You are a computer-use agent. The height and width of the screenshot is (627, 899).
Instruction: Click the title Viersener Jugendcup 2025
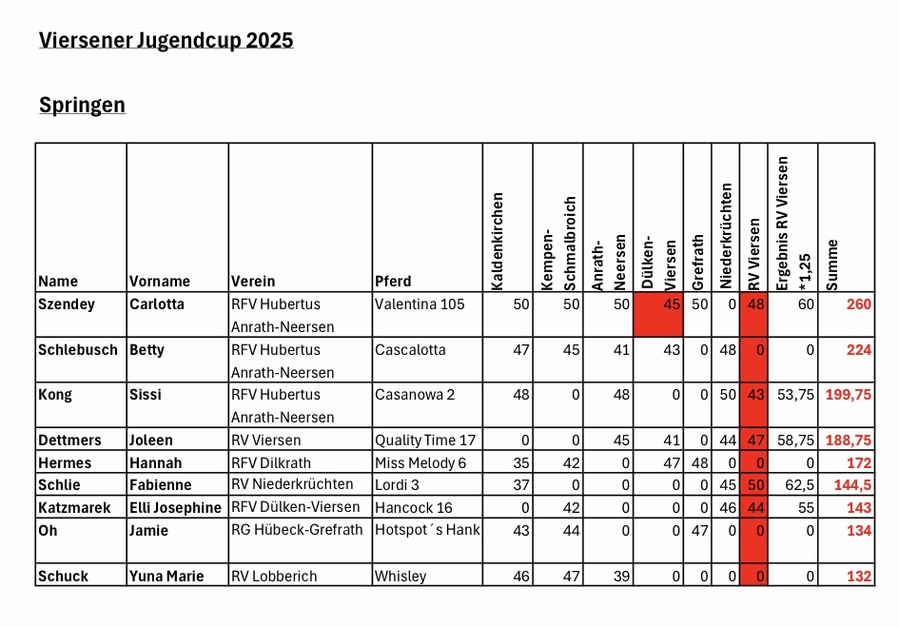pyautogui.click(x=166, y=41)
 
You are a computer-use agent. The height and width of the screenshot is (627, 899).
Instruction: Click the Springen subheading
pyautogui.click(x=82, y=106)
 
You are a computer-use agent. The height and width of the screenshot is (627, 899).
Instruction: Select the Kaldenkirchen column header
pyautogui.click(x=498, y=242)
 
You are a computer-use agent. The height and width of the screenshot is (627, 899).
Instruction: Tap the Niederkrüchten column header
pyautogui.click(x=726, y=236)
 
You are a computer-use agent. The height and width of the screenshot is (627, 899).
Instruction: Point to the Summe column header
pyautogui.click(x=831, y=265)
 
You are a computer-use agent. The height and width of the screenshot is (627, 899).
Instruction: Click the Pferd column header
pyautogui.click(x=393, y=281)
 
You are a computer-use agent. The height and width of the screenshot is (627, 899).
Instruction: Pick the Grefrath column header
pyautogui.click(x=697, y=263)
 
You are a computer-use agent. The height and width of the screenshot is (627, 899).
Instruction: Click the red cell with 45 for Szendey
pyautogui.click(x=658, y=314)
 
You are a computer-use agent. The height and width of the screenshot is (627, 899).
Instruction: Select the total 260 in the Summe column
pyautogui.click(x=858, y=304)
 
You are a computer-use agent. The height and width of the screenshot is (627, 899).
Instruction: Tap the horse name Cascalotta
pyautogui.click(x=410, y=350)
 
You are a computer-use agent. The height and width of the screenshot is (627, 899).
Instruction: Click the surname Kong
pyautogui.click(x=55, y=395)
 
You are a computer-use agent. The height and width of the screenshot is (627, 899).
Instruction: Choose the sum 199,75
pyautogui.click(x=848, y=395)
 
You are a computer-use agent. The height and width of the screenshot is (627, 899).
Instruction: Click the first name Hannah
pyautogui.click(x=155, y=463)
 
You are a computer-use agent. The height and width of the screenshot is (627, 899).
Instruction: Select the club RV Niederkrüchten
pyautogui.click(x=292, y=484)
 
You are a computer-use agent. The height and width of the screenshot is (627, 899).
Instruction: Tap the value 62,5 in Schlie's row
pyautogui.click(x=799, y=485)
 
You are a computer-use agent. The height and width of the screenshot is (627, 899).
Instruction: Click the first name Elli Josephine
pyautogui.click(x=175, y=508)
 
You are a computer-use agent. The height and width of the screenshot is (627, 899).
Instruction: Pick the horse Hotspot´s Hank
pyautogui.click(x=427, y=530)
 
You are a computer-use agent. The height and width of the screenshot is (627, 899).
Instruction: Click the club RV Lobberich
pyautogui.click(x=274, y=577)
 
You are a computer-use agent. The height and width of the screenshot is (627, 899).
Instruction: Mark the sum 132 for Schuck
pyautogui.click(x=859, y=577)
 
